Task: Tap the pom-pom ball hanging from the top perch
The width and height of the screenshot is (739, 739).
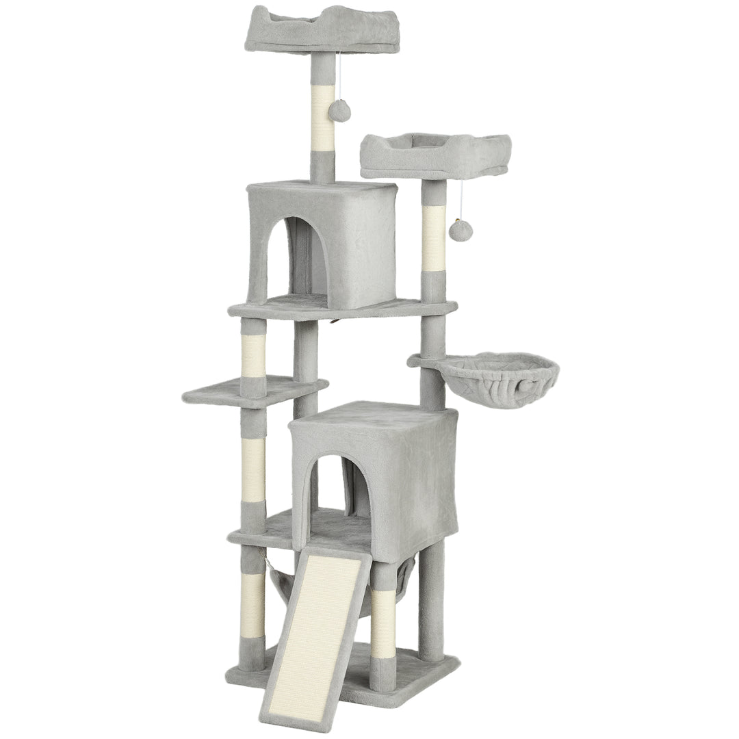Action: (x=339, y=109)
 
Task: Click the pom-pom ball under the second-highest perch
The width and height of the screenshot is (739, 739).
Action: (x=458, y=230)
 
